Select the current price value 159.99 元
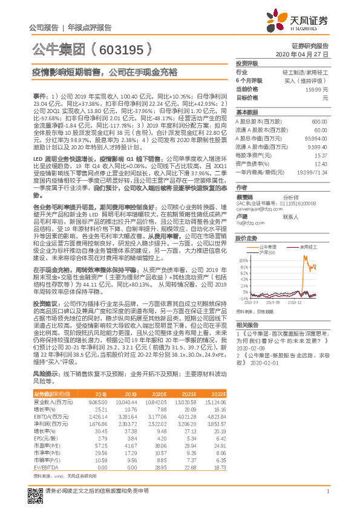point(321,89)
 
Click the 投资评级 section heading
point(247,63)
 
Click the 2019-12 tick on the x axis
point(295,302)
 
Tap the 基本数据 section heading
point(247,113)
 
